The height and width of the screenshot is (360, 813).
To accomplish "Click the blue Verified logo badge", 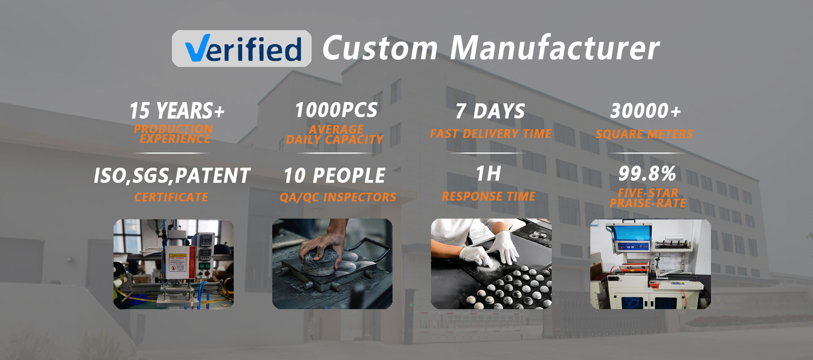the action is pos(242,48).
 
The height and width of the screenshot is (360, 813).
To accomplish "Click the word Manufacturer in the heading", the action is pos(554,48).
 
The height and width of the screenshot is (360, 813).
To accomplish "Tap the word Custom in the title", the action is pos(380,48).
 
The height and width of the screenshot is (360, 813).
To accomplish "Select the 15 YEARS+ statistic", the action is pos(177,111).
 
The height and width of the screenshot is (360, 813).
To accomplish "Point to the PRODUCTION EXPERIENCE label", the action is pos(174,134).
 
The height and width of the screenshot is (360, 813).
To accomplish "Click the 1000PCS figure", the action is pos(336,110).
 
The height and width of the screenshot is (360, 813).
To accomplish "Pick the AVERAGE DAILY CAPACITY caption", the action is pos(335,135).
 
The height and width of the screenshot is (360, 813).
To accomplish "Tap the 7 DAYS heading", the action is pos(490,111).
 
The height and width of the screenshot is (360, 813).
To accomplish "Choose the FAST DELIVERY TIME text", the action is pos(490,134).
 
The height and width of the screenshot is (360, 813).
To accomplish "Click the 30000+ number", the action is pos(645,111).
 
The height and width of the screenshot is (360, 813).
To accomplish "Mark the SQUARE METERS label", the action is pos(644,134).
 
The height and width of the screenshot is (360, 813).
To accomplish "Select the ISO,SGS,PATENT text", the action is pos(172,176).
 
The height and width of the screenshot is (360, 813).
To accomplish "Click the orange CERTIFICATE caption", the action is pos(171,197).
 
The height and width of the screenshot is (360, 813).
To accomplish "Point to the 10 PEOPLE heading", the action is pos(335,176).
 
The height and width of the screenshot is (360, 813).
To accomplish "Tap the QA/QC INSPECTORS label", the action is pos(338,197).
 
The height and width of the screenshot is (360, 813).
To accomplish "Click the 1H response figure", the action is pos(488,174).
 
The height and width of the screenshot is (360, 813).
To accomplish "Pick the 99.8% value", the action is pos(647,173).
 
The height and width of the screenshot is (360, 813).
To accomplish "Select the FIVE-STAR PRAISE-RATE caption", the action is pos(648,198).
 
